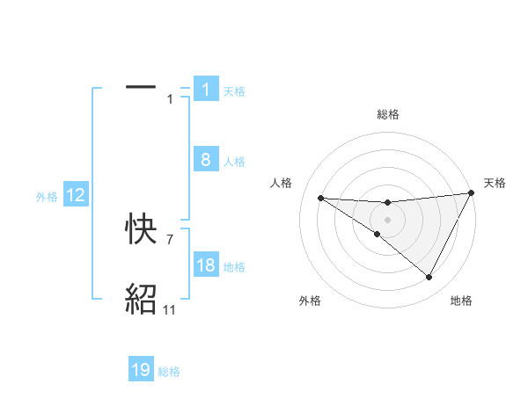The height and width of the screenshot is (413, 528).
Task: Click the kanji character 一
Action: [141, 88]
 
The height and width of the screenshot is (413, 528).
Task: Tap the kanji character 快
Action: [141, 231]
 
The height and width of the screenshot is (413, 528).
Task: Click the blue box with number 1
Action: [206, 90]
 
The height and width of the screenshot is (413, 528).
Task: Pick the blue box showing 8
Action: [206, 161]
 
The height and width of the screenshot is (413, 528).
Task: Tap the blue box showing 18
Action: [206, 266]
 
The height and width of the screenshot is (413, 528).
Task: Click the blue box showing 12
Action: [76, 196]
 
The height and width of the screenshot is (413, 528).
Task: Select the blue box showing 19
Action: [141, 371]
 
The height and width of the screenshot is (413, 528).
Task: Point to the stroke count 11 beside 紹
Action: [169, 310]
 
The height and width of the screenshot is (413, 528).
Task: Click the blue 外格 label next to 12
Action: [47, 197]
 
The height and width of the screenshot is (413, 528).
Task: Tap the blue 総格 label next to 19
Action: [169, 372]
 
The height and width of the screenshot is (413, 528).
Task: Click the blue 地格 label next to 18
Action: [234, 267]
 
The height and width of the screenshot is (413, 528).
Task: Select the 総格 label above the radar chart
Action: [387, 114]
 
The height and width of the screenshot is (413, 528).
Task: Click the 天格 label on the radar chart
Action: [495, 183]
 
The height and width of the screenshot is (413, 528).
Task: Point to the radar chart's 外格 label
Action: [310, 301]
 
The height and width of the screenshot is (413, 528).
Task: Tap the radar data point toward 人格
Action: [320, 198]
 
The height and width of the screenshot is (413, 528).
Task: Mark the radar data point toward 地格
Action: [429, 278]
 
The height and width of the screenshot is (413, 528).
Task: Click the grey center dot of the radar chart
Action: [387, 219]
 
